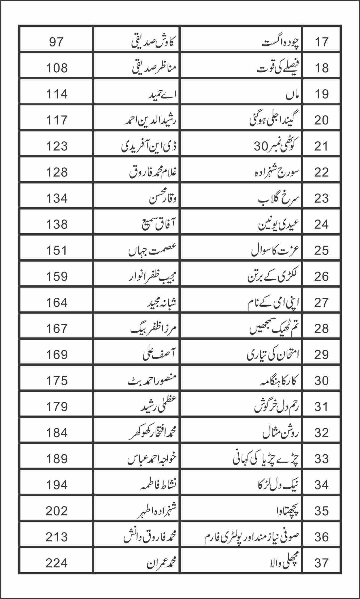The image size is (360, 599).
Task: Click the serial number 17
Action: pos(321,42)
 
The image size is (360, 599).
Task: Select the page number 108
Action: pos(57,68)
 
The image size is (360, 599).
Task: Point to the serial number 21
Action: pos(321,146)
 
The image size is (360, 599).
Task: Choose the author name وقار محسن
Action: pos(161,199)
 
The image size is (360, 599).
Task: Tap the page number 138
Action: pos(57,225)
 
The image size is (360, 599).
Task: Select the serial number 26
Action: pos(321,277)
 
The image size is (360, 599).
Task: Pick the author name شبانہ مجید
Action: pos(161,303)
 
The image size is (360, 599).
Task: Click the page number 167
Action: pos(57,329)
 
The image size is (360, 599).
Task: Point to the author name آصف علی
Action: pos(158,355)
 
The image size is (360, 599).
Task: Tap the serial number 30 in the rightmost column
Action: pos(321,381)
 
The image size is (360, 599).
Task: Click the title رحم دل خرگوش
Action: pos(277,407)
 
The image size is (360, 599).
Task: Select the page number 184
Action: pos(57,433)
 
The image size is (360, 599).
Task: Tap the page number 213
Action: pos(57,537)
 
